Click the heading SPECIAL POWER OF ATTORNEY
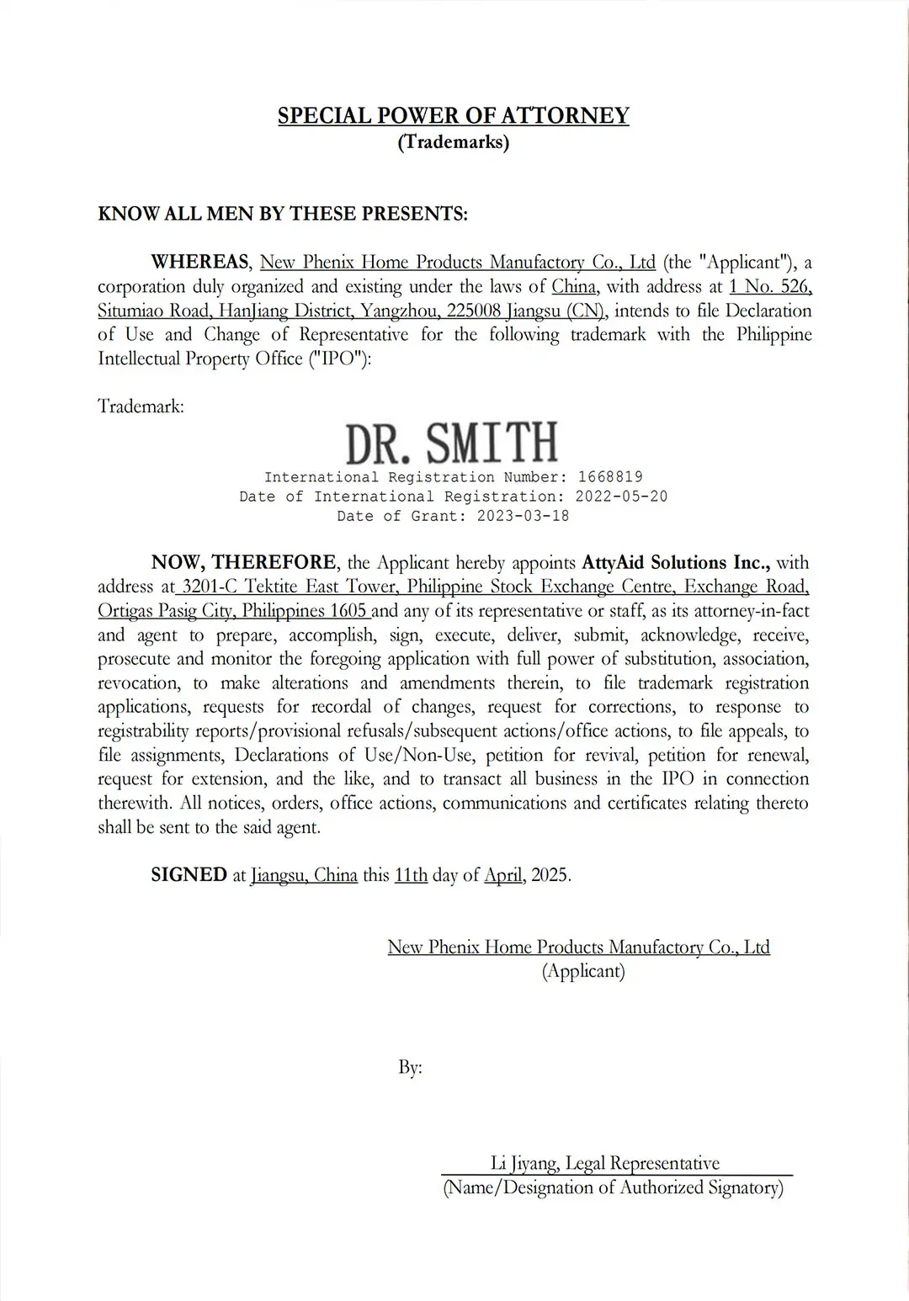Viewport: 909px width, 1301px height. coord(453,115)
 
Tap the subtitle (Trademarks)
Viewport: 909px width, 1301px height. coord(453,141)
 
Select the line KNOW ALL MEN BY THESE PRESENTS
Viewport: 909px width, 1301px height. coord(283,214)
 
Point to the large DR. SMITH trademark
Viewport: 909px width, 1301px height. coord(452,443)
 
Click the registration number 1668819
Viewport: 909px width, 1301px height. coord(610,477)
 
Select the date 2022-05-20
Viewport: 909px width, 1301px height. coord(621,497)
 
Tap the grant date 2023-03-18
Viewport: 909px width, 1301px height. coord(523,516)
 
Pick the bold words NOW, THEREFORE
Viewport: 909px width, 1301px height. coord(244,562)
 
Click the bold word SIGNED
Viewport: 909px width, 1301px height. coord(189,875)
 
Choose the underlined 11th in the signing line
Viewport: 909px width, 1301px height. coord(411,875)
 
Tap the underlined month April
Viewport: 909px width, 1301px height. coord(503,875)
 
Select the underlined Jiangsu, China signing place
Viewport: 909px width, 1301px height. coord(304,875)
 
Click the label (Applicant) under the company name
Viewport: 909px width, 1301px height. coord(583,971)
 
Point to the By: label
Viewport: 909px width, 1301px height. coord(410,1068)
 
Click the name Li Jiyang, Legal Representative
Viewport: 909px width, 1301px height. coord(604,1163)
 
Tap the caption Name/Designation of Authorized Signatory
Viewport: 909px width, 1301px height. coord(613,1187)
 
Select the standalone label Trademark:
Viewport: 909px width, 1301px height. coord(141,406)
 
